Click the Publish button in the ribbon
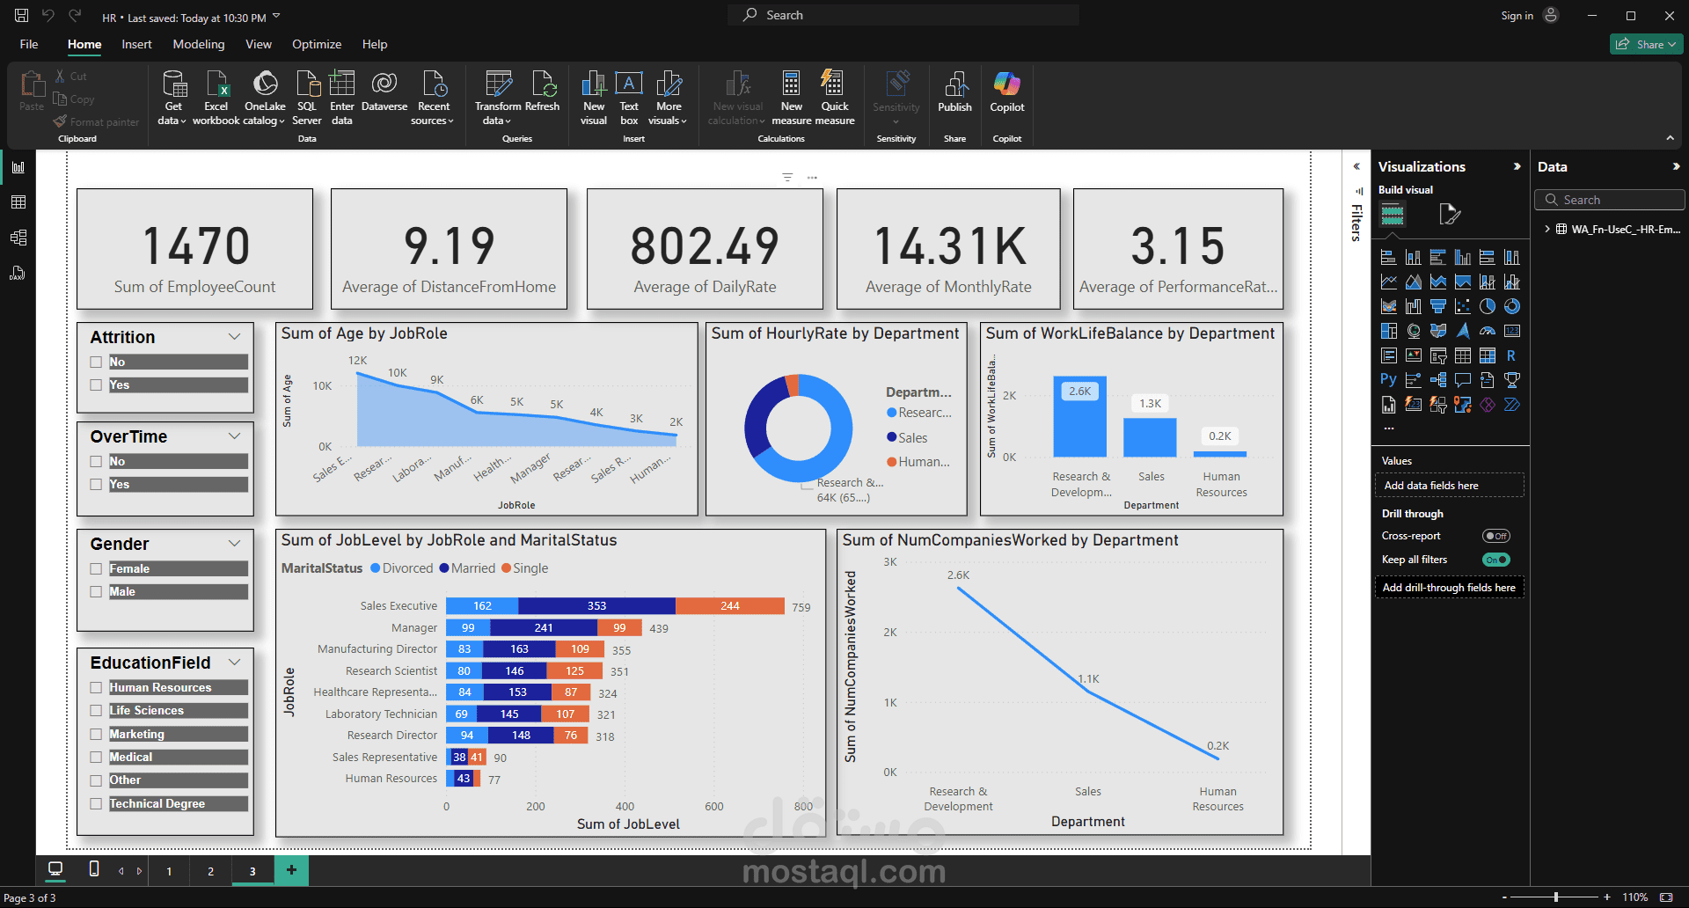tap(954, 93)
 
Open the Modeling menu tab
tap(198, 44)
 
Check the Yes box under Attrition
tap(96, 385)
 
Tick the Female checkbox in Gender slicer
tap(96, 569)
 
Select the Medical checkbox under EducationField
tap(96, 758)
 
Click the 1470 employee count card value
tap(195, 246)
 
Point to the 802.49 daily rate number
tap(705, 246)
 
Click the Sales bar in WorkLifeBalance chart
tap(1150, 437)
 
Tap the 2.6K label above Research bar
tap(1079, 392)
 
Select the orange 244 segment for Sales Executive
tap(729, 606)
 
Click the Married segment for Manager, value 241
tap(544, 628)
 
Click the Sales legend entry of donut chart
tap(911, 438)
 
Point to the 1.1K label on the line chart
tap(1089, 679)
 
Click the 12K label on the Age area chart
tap(357, 361)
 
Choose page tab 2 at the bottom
tap(210, 871)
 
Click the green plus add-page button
tap(291, 870)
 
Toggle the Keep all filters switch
tap(1495, 560)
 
